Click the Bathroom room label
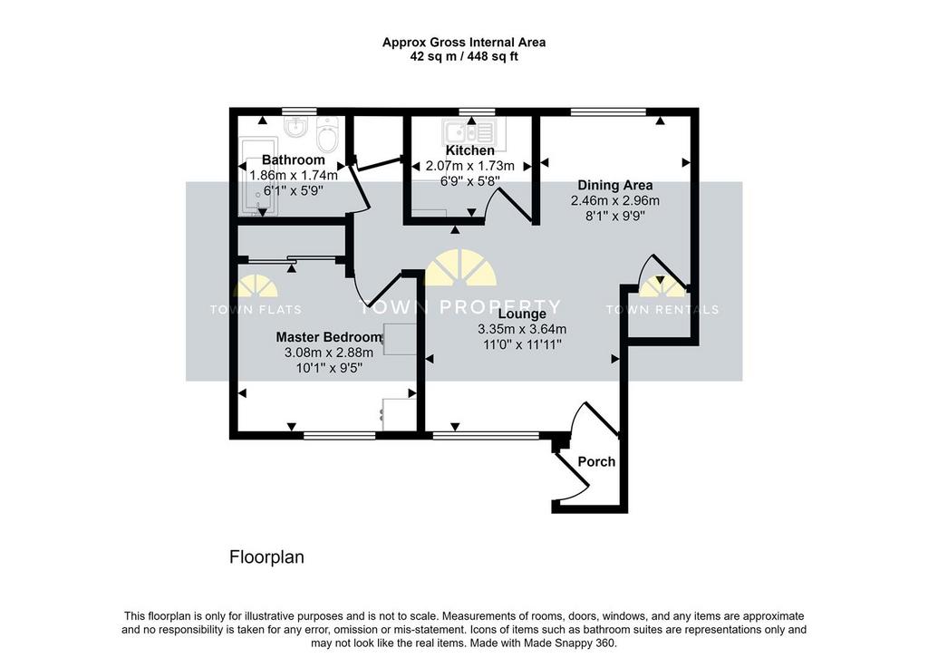[x=293, y=159]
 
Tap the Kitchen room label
[x=470, y=150]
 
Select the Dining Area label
[x=615, y=185]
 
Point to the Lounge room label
[x=522, y=314]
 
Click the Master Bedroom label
[x=329, y=337]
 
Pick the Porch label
[x=596, y=461]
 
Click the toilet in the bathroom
[x=327, y=134]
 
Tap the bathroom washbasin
[x=295, y=126]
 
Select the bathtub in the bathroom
[x=258, y=177]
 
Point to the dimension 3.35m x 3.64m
[x=522, y=329]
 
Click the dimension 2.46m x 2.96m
[x=615, y=200]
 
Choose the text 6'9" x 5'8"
[x=470, y=181]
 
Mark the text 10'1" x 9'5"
[x=329, y=368]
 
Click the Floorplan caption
[x=267, y=557]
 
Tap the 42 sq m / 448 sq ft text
[x=464, y=57]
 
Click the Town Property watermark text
[x=459, y=306]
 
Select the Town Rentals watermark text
[x=662, y=310]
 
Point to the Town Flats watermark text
[x=256, y=310]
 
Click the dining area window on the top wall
[x=608, y=111]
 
